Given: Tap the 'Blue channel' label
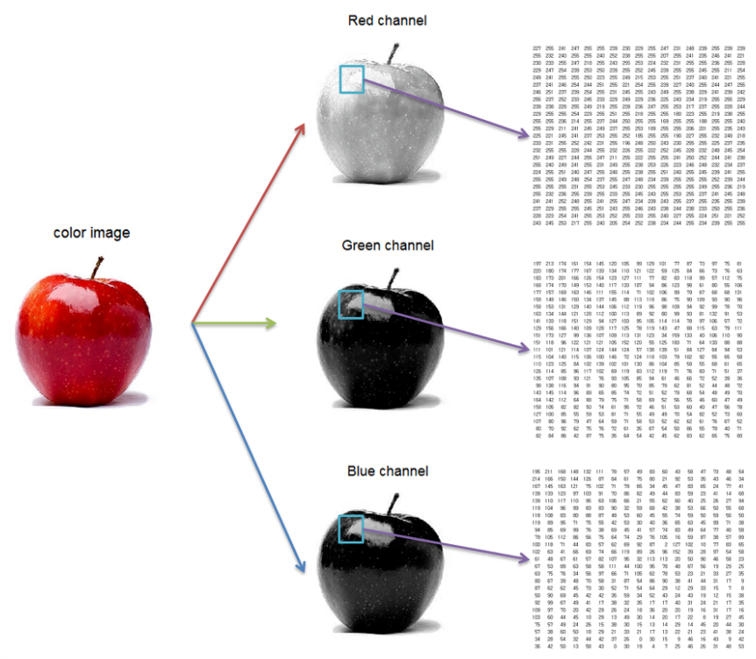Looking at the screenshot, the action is pyautogui.click(x=387, y=471).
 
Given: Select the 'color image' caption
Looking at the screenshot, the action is pyautogui.click(x=91, y=232).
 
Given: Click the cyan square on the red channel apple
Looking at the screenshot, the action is pyautogui.click(x=351, y=79).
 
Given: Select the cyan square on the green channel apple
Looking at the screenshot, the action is pyautogui.click(x=351, y=304).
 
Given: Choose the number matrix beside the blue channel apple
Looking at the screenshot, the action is pyautogui.click(x=638, y=553).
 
